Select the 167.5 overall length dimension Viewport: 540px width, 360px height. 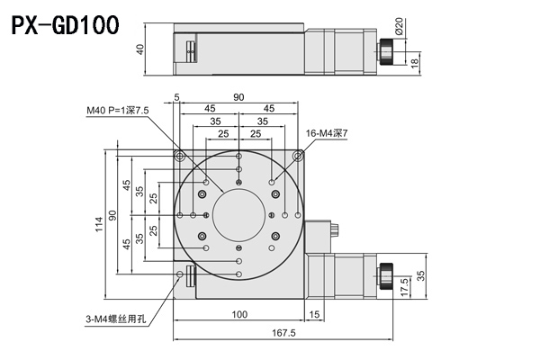coord(283,333)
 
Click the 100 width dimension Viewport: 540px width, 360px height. coord(239,314)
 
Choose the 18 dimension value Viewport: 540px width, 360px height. coord(413,62)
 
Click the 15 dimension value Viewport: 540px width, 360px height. coord(314,314)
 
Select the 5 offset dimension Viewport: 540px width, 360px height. coord(176,97)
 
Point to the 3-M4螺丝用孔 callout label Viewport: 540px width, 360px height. coord(112,317)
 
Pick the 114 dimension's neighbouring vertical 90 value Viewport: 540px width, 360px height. coord(113,215)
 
